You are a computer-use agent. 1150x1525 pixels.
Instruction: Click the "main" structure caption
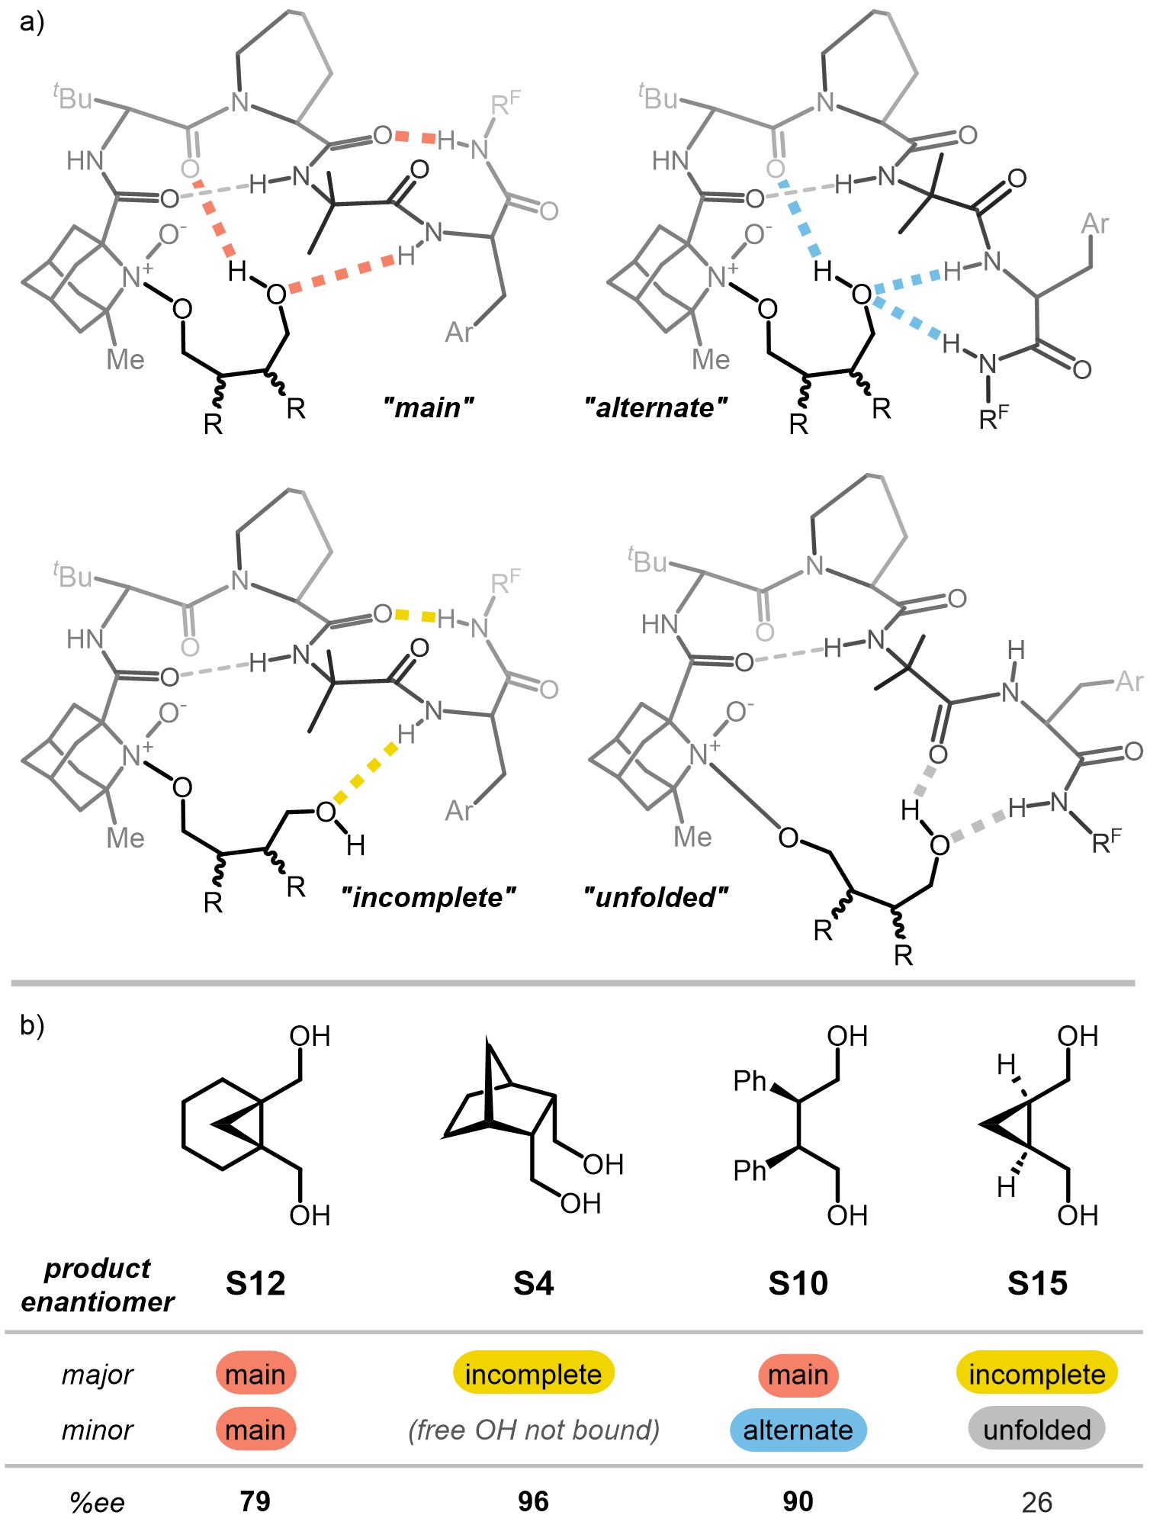[x=428, y=407]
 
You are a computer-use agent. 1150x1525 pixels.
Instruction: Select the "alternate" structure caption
[x=656, y=407]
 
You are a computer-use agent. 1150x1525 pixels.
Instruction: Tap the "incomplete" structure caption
[x=428, y=897]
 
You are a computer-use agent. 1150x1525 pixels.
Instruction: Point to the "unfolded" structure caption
[x=656, y=897]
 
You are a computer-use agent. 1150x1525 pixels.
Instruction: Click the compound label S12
[x=255, y=1283]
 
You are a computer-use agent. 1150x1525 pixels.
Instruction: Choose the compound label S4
[x=533, y=1283]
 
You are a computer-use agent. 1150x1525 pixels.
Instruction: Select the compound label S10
[x=798, y=1283]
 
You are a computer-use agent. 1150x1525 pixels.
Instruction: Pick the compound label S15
[x=1037, y=1283]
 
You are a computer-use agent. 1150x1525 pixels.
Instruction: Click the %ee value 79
[x=255, y=1501]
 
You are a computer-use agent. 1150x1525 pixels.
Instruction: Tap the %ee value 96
[x=533, y=1501]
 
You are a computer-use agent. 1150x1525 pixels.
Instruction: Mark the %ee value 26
[x=1037, y=1502]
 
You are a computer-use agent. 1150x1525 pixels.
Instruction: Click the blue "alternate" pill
[x=798, y=1430]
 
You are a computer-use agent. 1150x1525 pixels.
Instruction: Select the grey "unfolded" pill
[x=1037, y=1430]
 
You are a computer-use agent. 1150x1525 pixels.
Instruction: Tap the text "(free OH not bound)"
[x=533, y=1430]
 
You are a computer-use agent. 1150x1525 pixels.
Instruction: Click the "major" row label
[x=98, y=1375]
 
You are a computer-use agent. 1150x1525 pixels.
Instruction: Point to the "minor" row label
[x=98, y=1430]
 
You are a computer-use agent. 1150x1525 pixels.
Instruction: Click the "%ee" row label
[x=97, y=1502]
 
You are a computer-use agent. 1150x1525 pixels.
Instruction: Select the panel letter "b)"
[x=32, y=1025]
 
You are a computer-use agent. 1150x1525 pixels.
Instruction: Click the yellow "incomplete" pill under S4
[x=533, y=1375]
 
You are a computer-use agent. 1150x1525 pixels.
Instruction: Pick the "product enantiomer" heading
[x=98, y=1285]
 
